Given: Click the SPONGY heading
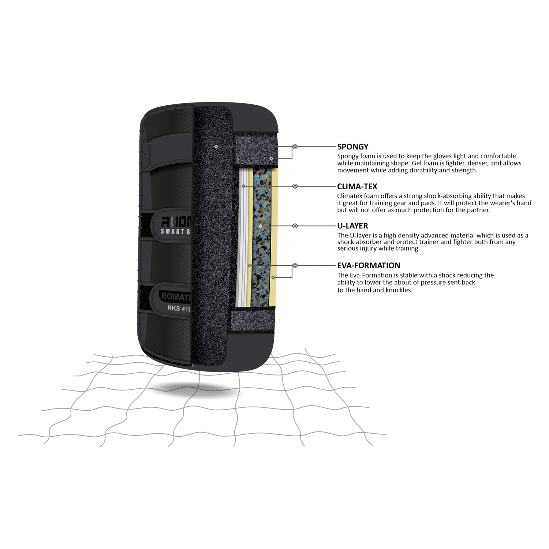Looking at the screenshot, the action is [x=352, y=147].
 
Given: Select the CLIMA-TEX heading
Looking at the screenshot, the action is [x=357, y=186].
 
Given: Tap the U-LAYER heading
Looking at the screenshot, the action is [x=352, y=226].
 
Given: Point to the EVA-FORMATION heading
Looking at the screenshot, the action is [x=369, y=265].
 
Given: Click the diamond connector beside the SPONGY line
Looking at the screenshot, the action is [x=295, y=147].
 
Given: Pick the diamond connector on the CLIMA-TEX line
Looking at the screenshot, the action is [x=295, y=186].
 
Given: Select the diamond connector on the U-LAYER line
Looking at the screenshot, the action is [x=295, y=226].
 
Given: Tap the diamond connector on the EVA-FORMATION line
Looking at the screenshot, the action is [x=295, y=265].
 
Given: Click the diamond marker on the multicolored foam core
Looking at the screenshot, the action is [x=261, y=226].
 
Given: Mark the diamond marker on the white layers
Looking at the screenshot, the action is [x=244, y=186].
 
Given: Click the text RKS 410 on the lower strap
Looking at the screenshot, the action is [x=179, y=309].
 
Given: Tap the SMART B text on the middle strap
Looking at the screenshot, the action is [x=176, y=231].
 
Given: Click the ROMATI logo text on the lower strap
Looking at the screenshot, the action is [x=176, y=296].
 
